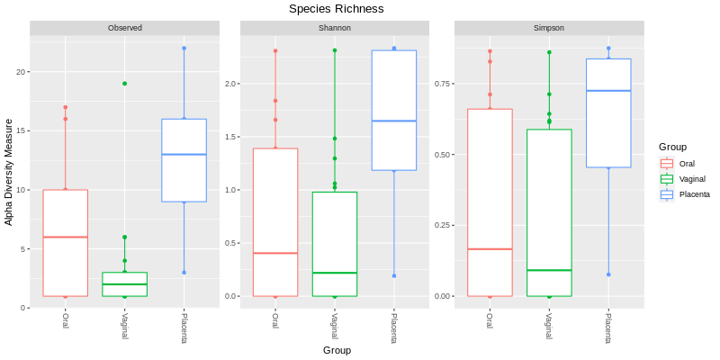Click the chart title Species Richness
coord(336,9)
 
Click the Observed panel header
coord(125,28)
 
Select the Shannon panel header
coord(334,28)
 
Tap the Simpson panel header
coord(548,28)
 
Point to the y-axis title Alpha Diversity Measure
coord(9,171)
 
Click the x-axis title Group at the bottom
coord(337,350)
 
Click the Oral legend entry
coord(687,164)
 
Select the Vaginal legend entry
coord(692,179)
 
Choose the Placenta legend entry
coord(694,194)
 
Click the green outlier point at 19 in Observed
coord(124,84)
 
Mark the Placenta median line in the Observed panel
coord(184,155)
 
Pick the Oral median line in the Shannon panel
coord(275,253)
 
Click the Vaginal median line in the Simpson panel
coord(549,270)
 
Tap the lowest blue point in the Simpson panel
coord(608,274)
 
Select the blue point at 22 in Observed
coord(184,49)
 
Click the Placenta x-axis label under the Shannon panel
coord(393,327)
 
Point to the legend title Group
coord(672,147)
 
